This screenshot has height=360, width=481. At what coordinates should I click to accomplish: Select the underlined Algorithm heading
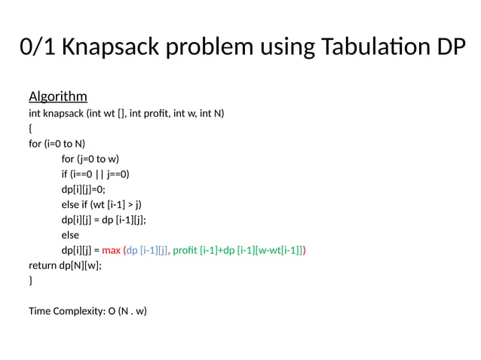(58, 96)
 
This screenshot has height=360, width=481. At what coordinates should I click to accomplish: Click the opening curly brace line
(31, 128)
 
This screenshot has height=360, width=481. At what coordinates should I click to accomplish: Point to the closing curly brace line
(31, 280)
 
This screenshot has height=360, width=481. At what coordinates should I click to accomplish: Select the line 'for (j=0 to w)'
(90, 158)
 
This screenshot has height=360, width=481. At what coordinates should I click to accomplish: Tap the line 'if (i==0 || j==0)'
(96, 173)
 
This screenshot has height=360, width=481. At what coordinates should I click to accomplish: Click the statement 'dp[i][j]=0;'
(85, 188)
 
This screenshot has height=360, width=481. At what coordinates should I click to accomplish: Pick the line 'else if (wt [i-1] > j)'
(102, 204)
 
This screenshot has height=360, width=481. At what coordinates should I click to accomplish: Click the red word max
(111, 250)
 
